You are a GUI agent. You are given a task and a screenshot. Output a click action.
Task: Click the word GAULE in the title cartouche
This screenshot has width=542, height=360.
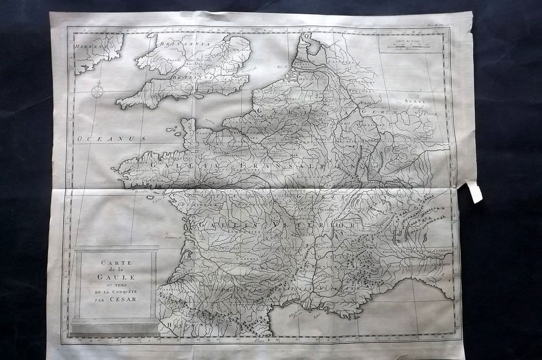(114, 277)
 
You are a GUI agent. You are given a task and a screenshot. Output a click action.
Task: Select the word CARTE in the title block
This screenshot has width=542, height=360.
(114, 262)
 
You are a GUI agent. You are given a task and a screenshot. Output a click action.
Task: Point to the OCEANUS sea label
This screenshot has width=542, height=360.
(111, 139)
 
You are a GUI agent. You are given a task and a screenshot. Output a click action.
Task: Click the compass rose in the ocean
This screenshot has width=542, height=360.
(98, 91)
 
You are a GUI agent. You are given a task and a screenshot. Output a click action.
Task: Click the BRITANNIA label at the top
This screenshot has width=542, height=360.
(190, 44)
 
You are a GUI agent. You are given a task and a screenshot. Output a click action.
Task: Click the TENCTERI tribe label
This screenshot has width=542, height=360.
(365, 91)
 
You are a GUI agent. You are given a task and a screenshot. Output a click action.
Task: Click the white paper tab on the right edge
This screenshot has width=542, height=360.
(475, 192)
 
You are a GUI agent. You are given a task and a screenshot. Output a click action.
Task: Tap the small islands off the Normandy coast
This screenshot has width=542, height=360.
(172, 131)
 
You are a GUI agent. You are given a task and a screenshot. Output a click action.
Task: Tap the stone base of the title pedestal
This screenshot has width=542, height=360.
(114, 327)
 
